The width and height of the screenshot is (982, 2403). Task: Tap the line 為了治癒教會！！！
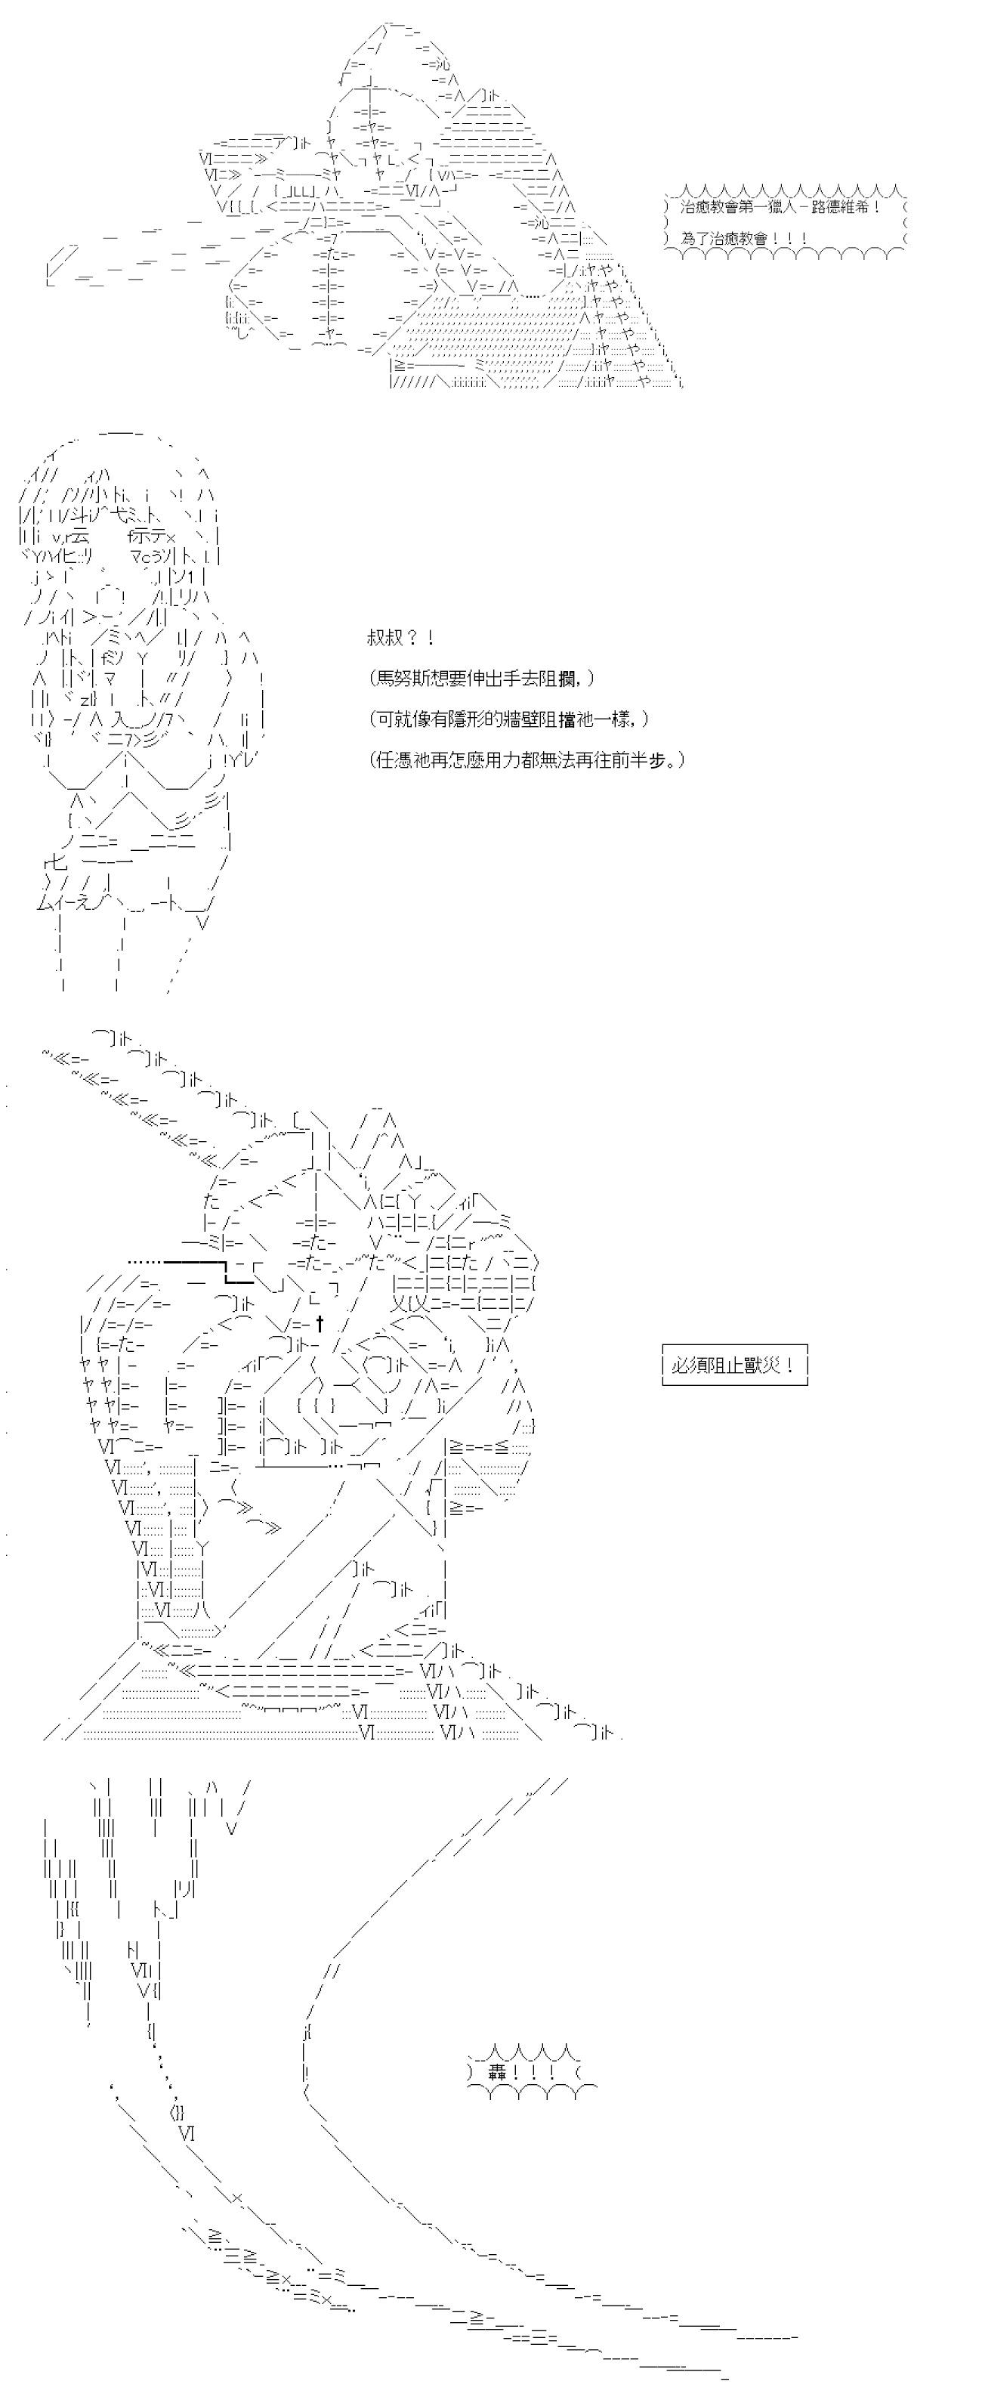point(744,238)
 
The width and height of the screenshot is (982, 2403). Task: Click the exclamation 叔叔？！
point(401,638)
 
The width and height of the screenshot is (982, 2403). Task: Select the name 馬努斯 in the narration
point(400,678)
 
